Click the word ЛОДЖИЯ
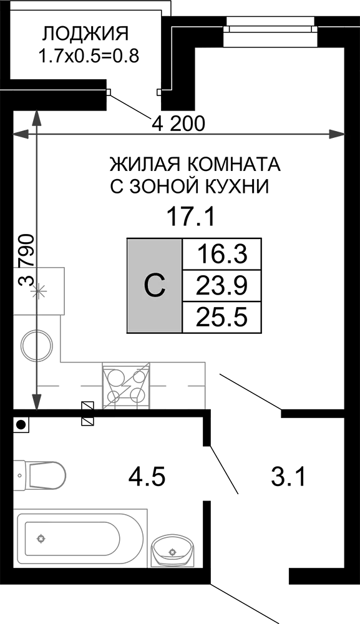click(85, 34)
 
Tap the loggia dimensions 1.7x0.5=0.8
click(89, 57)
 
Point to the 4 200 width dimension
click(178, 124)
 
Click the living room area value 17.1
click(191, 218)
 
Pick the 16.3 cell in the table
click(222, 255)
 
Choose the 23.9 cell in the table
click(222, 286)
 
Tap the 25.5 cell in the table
click(222, 317)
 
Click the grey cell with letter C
click(154, 285)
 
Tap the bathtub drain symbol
click(41, 539)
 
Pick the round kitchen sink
click(37, 344)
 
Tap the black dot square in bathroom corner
click(21, 425)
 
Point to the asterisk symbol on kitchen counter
click(39, 292)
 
